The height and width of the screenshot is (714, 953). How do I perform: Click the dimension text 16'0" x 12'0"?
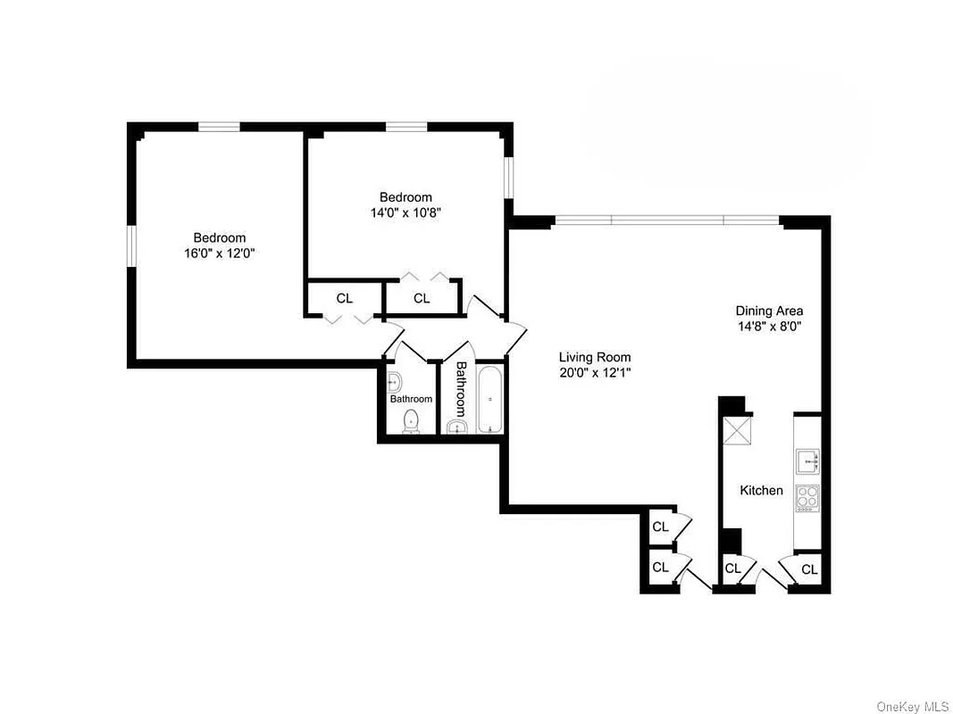(220, 253)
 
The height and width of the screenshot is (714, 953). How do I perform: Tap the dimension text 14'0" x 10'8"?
(405, 212)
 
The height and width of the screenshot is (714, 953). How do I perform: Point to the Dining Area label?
(769, 311)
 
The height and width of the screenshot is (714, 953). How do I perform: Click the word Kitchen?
(761, 490)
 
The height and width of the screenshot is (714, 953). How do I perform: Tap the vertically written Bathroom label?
(461, 389)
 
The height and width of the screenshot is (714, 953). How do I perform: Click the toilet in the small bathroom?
(411, 421)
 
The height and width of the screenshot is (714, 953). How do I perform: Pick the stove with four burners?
(807, 497)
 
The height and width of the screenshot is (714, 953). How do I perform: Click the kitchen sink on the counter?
(807, 461)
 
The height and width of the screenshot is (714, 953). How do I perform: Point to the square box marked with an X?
(738, 431)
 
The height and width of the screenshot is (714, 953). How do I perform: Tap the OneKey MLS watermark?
(912, 706)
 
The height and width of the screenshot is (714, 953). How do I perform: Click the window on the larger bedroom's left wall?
(130, 245)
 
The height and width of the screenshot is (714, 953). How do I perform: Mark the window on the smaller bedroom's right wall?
(508, 177)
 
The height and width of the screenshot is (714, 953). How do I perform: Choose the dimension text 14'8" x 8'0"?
(769, 326)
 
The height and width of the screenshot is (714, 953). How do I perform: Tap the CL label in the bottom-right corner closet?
(808, 569)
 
